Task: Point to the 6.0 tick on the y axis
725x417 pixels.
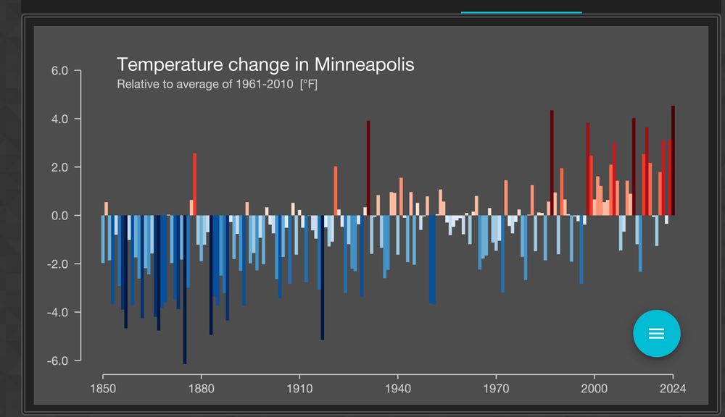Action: pos(59,71)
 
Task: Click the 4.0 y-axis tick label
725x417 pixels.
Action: pos(59,119)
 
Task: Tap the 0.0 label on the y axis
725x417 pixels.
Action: pos(59,216)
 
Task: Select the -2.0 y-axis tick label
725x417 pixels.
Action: pos(58,264)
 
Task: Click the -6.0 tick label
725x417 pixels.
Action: pos(58,361)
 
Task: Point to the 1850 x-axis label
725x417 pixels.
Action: pos(103,389)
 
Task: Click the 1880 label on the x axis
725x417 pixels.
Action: pos(201,389)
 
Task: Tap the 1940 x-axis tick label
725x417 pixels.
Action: pos(397,389)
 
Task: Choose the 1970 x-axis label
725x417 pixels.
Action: pos(496,389)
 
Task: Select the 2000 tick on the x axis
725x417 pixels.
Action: pos(594,389)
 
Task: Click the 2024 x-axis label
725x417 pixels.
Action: pos(673,389)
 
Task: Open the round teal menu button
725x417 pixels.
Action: pos(656,333)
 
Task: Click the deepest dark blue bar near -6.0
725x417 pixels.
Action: pos(185,290)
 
